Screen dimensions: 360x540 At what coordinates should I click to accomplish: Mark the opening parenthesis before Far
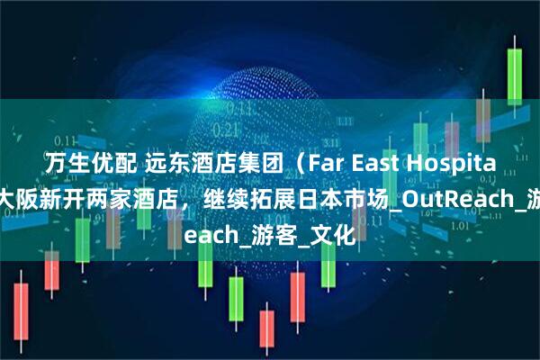coord(245,163)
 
